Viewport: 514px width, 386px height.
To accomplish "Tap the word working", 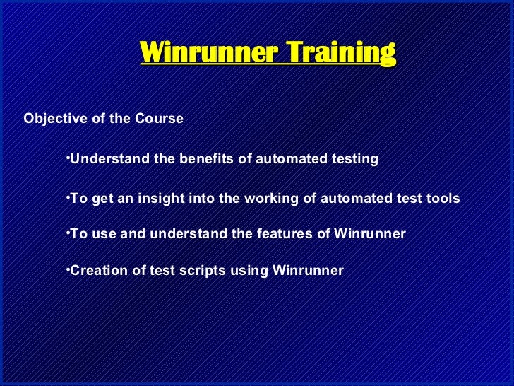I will point(272,199).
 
